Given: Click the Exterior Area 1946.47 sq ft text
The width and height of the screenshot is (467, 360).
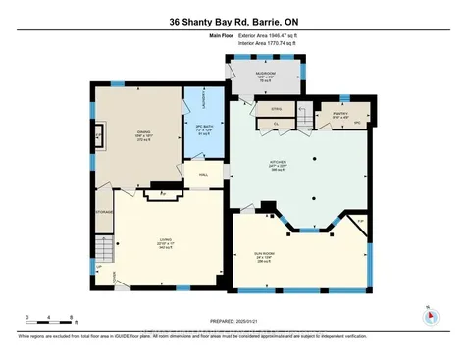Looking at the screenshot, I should coord(267,35).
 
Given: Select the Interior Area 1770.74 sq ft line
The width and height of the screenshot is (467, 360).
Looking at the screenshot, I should coord(267,43).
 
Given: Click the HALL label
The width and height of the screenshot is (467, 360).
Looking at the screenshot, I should coord(204,175).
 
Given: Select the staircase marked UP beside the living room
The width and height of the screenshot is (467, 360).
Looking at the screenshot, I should coord(103,253).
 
